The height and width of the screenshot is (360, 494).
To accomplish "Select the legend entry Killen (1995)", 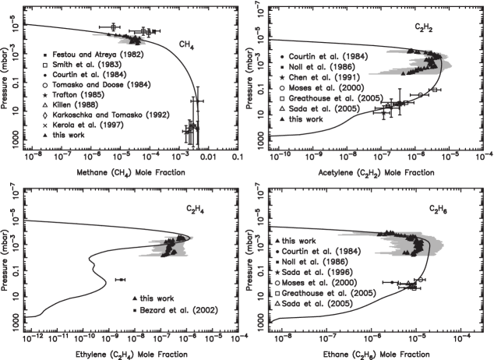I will click(x=73, y=104).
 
